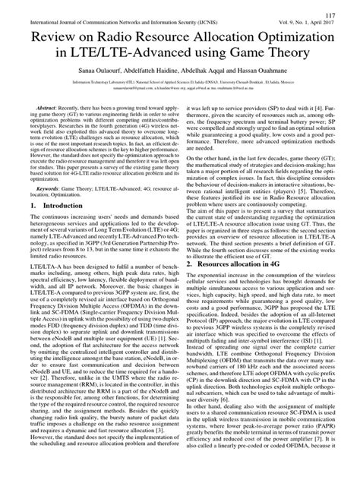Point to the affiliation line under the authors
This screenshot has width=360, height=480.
(x=179, y=78)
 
